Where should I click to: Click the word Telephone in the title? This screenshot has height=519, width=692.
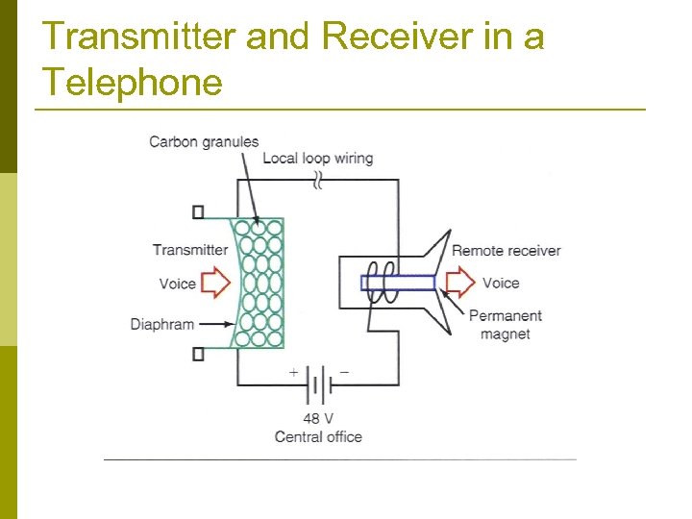pos(133,83)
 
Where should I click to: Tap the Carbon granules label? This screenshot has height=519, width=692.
pos(204,142)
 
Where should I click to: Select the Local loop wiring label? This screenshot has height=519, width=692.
pos(318,158)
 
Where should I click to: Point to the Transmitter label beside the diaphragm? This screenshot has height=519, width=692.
pos(190,250)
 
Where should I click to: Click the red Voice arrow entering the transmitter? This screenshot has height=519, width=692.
pos(216,283)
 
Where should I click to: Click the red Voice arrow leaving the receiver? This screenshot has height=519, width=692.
pos(461,283)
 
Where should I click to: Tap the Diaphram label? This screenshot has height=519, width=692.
pos(162,324)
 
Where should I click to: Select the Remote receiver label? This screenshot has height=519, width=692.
pos(506,250)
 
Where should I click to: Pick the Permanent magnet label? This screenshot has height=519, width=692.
pos(505,325)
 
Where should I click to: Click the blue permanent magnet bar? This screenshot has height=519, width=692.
pos(399,283)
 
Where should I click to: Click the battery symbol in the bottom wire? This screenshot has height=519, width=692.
pos(318,386)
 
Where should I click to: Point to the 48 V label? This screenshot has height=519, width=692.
pos(318,419)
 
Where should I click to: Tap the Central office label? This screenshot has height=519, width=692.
pos(318,436)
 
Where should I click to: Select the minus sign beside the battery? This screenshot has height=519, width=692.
pos(344,371)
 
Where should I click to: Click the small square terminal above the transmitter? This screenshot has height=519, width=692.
pos(198,211)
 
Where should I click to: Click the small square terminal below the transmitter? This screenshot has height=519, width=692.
pos(198,354)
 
